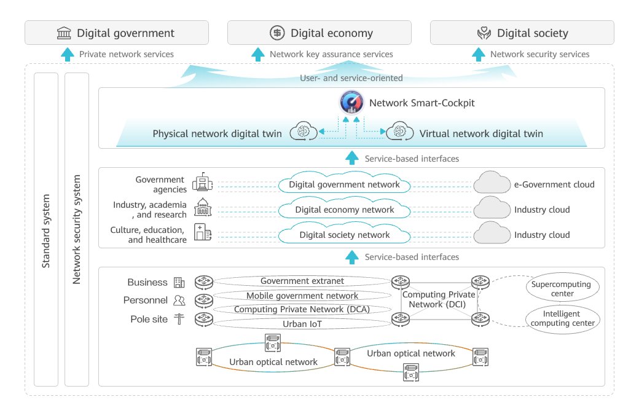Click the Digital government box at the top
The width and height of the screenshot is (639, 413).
tap(116, 33)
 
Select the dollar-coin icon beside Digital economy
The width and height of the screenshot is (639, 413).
tap(277, 33)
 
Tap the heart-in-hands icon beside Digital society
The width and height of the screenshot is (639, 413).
tap(484, 33)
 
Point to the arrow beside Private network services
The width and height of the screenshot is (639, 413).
tap(67, 54)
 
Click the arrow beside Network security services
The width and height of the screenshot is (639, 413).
tap(478, 54)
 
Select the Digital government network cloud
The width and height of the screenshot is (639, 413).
tap(344, 184)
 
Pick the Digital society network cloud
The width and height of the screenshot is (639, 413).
tap(344, 235)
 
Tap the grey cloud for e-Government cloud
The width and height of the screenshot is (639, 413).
tap(492, 184)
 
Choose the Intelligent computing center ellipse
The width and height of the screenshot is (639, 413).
tap(562, 318)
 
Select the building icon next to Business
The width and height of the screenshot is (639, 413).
tap(179, 283)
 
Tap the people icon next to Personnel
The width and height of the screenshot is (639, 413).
tap(179, 301)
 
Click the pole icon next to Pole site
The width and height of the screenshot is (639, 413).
tap(179, 320)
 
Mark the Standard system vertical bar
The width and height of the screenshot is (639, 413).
tap(46, 229)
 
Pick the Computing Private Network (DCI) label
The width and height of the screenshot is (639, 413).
tap(438, 300)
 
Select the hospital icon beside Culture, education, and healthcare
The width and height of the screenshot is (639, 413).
tap(202, 232)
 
